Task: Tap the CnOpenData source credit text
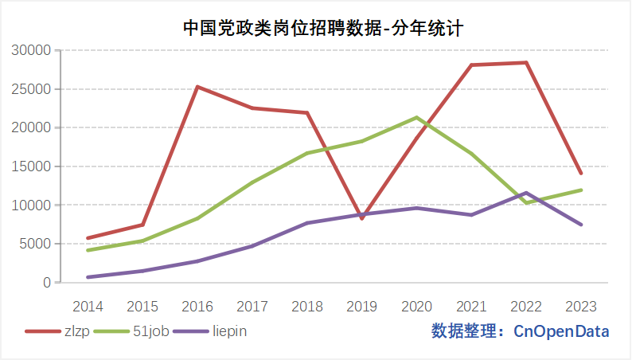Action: point(521,331)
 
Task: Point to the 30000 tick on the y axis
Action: point(33,50)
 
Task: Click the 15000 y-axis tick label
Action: point(33,166)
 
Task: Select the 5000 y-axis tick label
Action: point(36,244)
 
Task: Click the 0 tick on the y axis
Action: point(47,283)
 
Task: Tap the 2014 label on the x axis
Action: point(88,306)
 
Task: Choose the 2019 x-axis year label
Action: point(361,306)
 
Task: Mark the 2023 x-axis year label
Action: point(581,306)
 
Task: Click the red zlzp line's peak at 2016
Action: point(197,87)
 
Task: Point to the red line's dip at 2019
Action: point(361,218)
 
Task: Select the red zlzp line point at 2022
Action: point(526,63)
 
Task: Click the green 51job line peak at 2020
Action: point(416,118)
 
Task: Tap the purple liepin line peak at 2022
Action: point(526,193)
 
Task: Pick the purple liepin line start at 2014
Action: point(88,277)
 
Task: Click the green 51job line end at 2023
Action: point(581,190)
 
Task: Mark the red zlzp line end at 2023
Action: point(581,173)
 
